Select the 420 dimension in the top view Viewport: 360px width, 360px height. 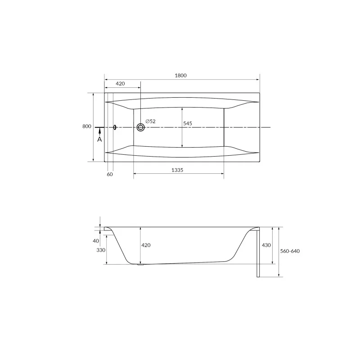(120, 84)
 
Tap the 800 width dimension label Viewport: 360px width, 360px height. (87, 126)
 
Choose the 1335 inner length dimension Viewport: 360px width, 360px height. (179, 170)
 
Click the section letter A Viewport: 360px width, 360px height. (100, 139)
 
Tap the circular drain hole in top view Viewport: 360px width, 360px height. (141, 127)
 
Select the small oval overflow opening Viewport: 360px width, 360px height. (115, 127)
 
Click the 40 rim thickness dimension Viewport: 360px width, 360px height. (96, 241)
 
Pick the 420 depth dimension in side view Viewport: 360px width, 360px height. (146, 245)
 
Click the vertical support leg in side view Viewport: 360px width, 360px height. (257, 254)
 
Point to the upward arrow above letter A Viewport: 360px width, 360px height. (100, 131)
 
